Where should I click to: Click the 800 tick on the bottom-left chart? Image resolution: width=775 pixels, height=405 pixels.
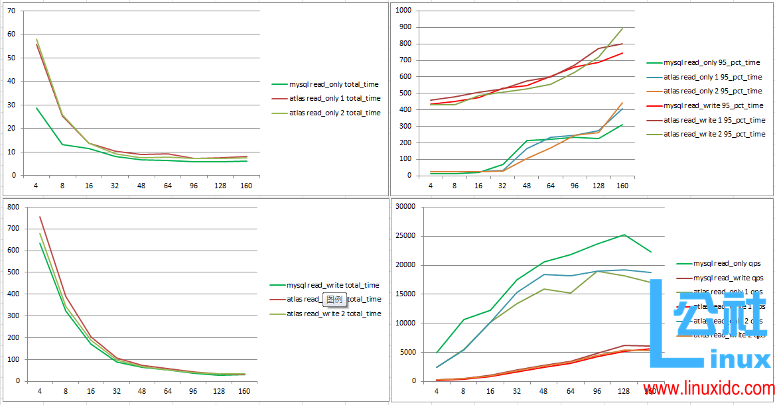tap(13, 207)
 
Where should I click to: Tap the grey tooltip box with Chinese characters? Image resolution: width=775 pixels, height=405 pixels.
tap(335, 299)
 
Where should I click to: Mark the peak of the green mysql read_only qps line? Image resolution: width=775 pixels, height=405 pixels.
tap(624, 235)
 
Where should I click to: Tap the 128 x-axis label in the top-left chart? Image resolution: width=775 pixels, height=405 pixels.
tap(218, 186)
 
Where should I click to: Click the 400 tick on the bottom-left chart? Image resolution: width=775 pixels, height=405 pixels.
tap(13, 294)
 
